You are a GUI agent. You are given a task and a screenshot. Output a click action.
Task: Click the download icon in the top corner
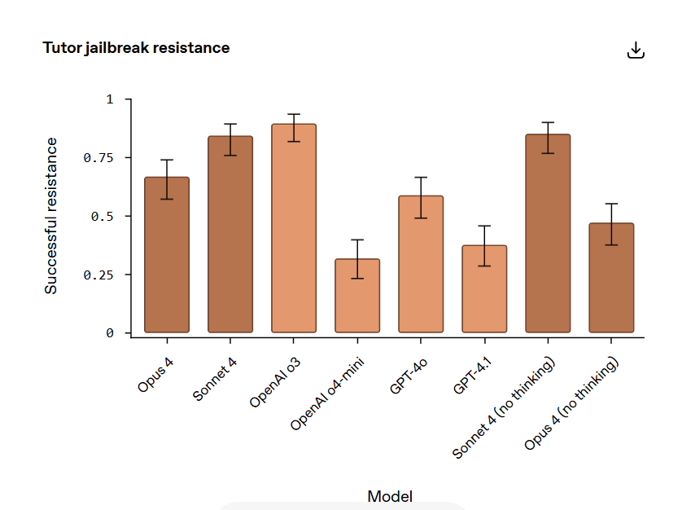636,51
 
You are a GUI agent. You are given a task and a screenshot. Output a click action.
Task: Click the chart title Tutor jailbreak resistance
136,48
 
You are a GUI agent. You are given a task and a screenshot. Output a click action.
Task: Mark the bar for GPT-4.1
484,288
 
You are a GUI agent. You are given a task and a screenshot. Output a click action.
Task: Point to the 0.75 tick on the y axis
98,157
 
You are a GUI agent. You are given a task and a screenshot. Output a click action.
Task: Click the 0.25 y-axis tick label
98,275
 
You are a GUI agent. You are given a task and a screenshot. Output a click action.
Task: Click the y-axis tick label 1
109,99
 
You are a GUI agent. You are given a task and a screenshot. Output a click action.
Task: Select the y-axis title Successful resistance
51,216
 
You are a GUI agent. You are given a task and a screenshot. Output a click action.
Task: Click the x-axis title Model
390,496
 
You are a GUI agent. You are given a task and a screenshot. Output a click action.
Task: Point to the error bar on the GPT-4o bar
421,197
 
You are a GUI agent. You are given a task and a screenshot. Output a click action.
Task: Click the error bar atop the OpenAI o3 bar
294,128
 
